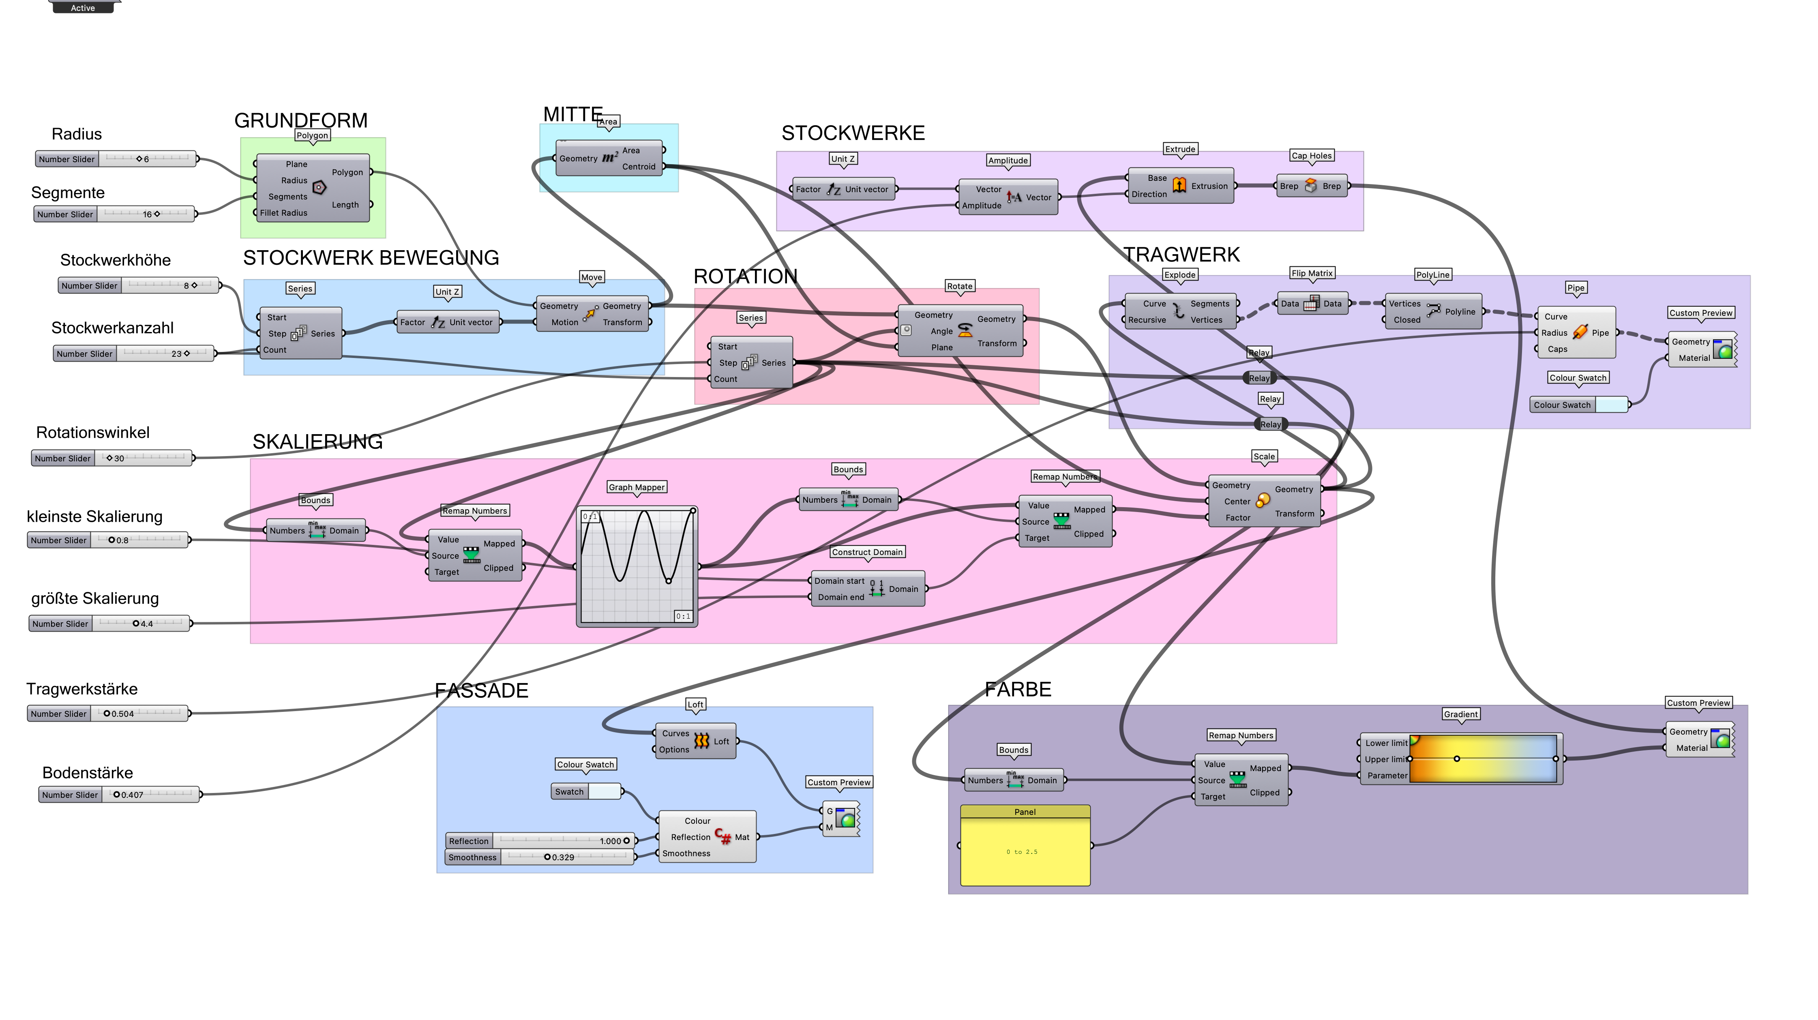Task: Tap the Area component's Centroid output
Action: [x=639, y=167]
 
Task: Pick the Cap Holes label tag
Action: [x=1311, y=156]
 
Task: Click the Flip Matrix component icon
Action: [x=1310, y=304]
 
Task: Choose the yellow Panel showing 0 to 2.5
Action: [x=1025, y=851]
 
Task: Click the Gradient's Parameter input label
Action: [x=1386, y=775]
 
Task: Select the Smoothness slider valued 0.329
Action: [x=540, y=857]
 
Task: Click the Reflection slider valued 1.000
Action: [x=540, y=841]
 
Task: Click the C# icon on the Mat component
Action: [x=722, y=836]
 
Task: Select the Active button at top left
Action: [x=83, y=8]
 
